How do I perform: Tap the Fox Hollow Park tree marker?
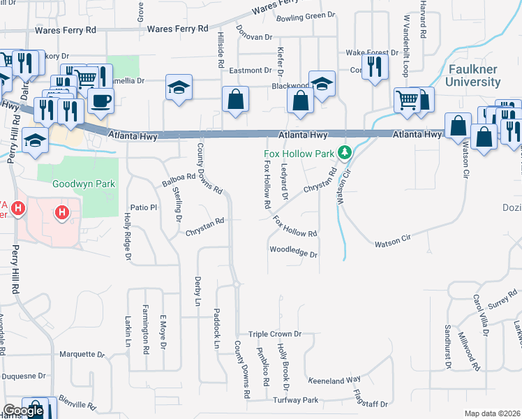pos(343,152)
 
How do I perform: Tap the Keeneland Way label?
pos(334,379)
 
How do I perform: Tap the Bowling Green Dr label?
pos(306,16)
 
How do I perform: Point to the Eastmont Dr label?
pos(250,71)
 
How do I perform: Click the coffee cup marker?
pos(100,101)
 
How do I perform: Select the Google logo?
pos(23,411)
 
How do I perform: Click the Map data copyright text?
pos(492,413)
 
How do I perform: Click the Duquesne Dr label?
pos(23,376)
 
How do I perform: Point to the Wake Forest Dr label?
pos(375,52)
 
